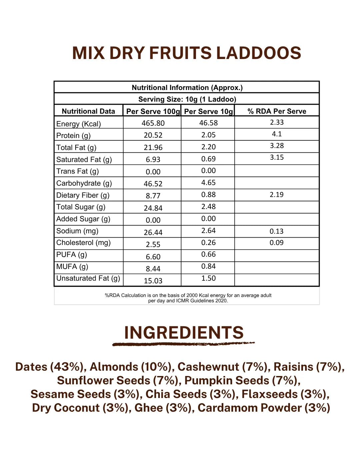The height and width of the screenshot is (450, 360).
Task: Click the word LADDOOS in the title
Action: coord(259,53)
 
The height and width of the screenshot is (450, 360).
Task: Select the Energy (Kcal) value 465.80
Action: coord(153,123)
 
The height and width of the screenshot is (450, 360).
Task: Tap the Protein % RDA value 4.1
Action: coord(277,134)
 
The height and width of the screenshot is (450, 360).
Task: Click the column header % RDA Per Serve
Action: coord(277,111)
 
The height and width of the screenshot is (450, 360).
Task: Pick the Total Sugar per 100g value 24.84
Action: coord(153,208)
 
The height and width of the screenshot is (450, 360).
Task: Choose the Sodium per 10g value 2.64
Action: coord(208,231)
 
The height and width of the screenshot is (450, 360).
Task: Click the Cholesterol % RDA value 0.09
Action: coord(276,243)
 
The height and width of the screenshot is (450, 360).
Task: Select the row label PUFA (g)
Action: coord(71,255)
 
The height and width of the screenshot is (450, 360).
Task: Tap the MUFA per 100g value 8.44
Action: coord(153,269)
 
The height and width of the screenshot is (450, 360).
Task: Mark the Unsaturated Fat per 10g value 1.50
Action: coord(208,278)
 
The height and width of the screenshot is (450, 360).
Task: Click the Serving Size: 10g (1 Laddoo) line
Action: coord(187,99)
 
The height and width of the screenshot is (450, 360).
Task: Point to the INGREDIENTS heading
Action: coord(184,333)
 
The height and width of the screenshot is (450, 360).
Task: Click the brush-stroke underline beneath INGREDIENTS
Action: coord(183,344)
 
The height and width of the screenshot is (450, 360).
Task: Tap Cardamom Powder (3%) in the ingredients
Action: coord(264,408)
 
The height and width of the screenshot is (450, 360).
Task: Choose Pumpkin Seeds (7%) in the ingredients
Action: coord(242,381)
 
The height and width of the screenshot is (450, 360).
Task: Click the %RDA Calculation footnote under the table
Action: coord(188,298)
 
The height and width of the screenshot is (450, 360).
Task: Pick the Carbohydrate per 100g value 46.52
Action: coord(153,184)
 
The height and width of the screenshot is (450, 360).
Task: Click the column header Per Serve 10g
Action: coord(208,111)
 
